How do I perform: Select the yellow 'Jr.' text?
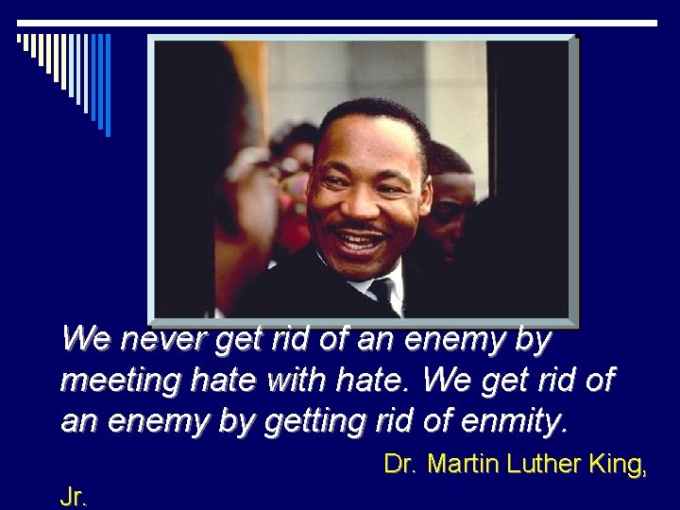(74, 497)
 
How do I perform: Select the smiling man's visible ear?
(424, 189)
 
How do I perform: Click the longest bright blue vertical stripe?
(107, 85)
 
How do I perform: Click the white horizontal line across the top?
(340, 23)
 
